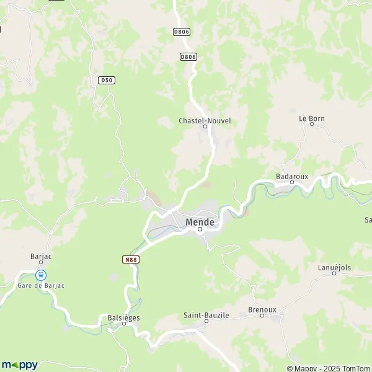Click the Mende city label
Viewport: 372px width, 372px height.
point(200,221)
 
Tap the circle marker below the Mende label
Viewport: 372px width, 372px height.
point(200,229)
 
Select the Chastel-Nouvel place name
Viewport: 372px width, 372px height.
point(205,120)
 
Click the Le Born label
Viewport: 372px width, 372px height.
point(312,118)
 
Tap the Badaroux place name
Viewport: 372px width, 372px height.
point(292,176)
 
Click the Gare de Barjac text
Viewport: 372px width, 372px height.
point(42,285)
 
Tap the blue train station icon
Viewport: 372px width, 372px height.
point(41,275)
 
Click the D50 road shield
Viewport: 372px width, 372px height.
point(106,80)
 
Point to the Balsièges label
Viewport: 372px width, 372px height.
point(124,317)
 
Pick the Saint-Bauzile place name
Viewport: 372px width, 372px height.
point(206,315)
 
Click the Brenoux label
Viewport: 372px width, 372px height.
point(262,309)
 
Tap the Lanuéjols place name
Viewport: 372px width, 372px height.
point(335,267)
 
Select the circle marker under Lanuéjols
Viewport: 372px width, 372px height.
point(335,274)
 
